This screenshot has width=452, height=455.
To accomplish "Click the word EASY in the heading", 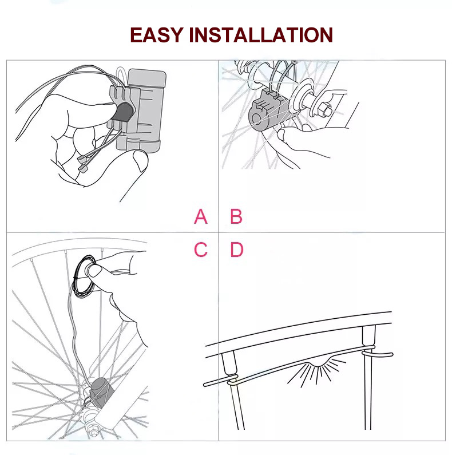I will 156,35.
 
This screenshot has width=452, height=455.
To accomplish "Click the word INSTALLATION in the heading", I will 260,35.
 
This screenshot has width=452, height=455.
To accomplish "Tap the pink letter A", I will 200,217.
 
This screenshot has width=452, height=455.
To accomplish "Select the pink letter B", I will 236,217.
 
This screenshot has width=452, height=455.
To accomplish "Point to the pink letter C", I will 200,250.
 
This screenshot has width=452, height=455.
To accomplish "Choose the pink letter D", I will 237,250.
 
